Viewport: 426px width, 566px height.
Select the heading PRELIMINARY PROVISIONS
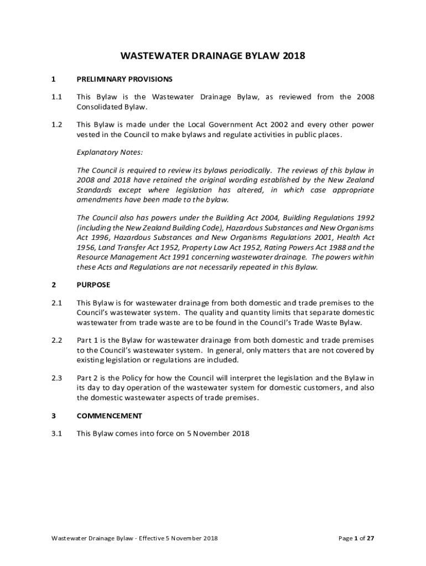[124, 79]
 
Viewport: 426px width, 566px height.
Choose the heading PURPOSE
[93, 285]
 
